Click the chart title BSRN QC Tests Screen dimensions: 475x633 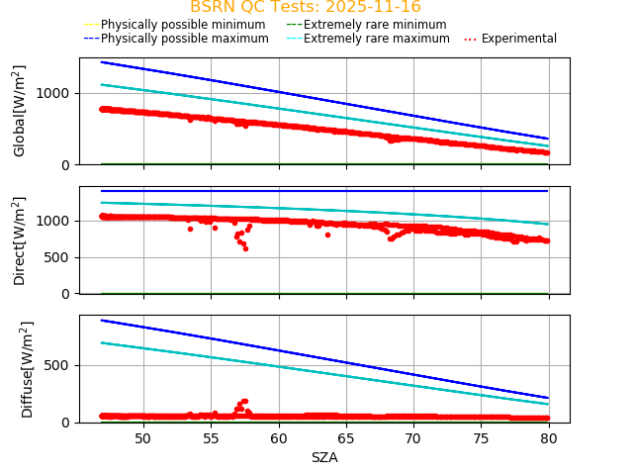pyautogui.click(x=305, y=7)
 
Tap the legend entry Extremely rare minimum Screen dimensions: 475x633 pyautogui.click(x=366, y=24)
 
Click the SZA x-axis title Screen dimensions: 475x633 pyautogui.click(x=324, y=457)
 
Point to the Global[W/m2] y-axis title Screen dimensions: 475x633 pyautogui.click(x=20, y=111)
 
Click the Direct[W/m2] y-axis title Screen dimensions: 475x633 pyautogui.click(x=20, y=240)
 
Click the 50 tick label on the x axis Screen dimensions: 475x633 pyautogui.click(x=142, y=437)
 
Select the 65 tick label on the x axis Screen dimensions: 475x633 pyautogui.click(x=345, y=437)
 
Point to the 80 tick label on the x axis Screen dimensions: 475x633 pyautogui.click(x=548, y=437)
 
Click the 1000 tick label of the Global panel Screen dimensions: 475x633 pyautogui.click(x=56, y=93)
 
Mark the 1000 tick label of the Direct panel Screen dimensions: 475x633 pyautogui.click(x=56, y=221)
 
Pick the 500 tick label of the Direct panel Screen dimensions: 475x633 pyautogui.click(x=60, y=257)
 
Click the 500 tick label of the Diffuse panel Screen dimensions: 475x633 pyautogui.click(x=60, y=365)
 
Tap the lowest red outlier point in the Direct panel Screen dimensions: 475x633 pyautogui.click(x=245, y=247)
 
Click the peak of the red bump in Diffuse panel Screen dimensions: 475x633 pyautogui.click(x=244, y=401)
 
